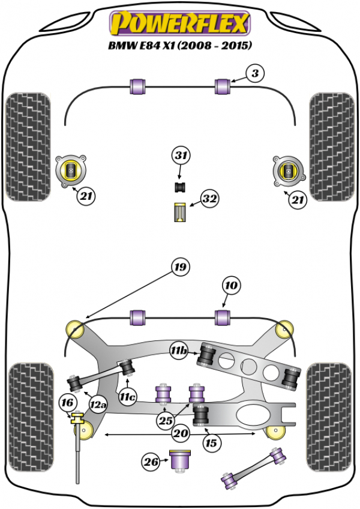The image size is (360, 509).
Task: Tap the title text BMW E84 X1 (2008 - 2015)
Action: coord(178,45)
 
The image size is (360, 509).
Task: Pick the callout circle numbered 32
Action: coord(209,199)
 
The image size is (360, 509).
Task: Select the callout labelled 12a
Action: coord(98,407)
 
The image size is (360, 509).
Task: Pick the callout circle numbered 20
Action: coord(180,433)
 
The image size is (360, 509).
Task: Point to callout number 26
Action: coord(151,462)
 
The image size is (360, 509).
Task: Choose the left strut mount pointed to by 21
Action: coord(71,170)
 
